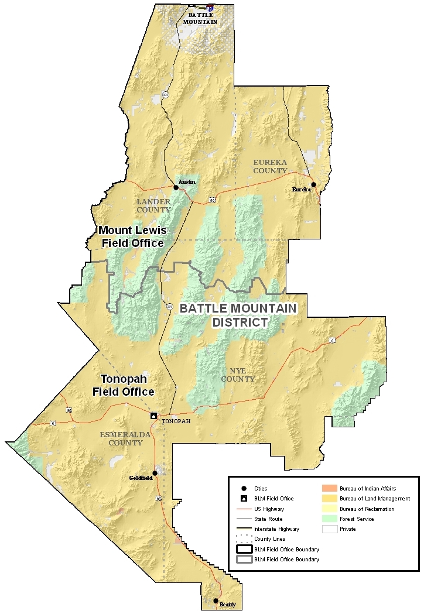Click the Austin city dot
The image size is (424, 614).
click(x=176, y=188)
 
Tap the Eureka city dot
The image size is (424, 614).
click(x=313, y=185)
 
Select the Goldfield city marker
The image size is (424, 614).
click(x=155, y=473)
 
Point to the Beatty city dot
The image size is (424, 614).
click(x=216, y=601)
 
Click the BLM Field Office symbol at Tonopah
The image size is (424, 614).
click(x=153, y=416)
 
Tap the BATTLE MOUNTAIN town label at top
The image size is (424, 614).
click(x=200, y=19)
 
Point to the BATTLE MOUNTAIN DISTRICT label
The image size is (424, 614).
click(x=238, y=315)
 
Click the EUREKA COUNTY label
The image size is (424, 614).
click(x=270, y=166)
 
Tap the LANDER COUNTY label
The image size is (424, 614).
click(x=153, y=205)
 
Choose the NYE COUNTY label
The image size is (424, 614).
click(x=238, y=375)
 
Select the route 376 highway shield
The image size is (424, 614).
click(x=170, y=306)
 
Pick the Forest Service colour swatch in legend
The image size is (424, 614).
click(x=331, y=519)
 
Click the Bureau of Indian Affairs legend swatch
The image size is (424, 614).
click(x=331, y=488)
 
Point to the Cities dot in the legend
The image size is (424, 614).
click(x=243, y=488)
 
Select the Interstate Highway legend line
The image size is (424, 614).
click(x=243, y=529)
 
